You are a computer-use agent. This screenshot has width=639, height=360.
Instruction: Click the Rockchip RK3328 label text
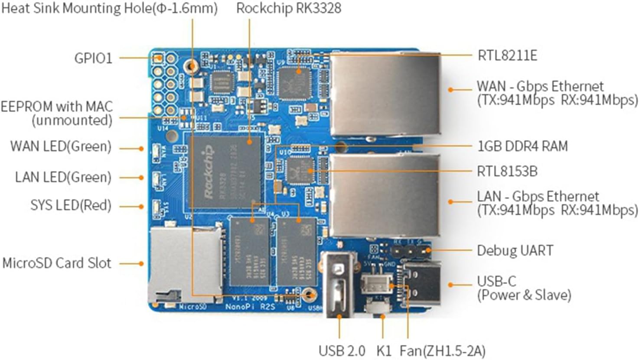tap(288, 8)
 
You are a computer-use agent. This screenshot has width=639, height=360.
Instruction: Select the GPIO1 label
tap(93, 58)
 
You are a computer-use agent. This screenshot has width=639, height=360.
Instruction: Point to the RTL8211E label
tap(507, 55)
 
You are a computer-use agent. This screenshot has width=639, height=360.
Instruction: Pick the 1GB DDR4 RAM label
tap(522, 146)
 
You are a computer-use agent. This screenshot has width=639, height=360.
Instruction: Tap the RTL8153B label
tap(507, 171)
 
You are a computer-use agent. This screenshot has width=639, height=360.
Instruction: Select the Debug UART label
tap(515, 250)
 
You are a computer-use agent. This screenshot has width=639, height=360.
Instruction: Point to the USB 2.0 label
tap(342, 350)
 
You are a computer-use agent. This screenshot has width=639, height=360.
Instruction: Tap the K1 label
tap(384, 350)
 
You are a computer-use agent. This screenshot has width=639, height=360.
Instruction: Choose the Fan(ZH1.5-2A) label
tap(442, 350)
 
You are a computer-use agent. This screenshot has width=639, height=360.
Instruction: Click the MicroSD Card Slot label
tap(57, 263)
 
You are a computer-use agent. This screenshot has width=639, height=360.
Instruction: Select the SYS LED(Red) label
tap(71, 205)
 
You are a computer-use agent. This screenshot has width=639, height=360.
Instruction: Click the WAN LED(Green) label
tap(61, 146)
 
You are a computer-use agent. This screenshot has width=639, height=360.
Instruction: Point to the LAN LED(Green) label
tap(63, 177)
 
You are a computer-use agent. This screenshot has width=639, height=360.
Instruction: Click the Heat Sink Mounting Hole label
tap(109, 8)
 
